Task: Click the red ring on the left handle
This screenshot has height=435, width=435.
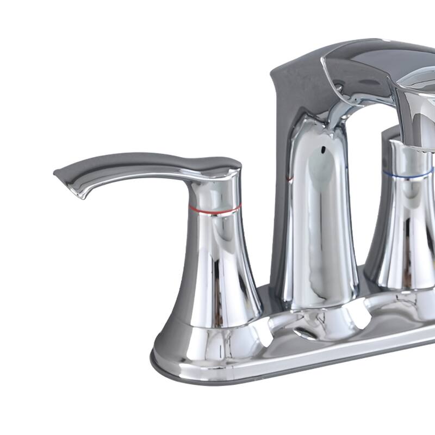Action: pos(215,207)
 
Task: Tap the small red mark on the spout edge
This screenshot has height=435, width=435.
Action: pos(290,178)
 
